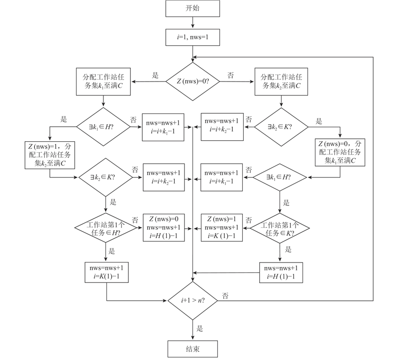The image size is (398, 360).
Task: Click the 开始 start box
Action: pos(193,8)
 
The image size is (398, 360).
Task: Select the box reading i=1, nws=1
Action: pos(193,36)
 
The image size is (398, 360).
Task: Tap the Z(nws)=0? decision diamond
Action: pos(193,80)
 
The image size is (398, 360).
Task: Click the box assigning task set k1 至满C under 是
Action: pos(103,82)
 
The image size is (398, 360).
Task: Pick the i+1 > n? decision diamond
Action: pos(193,300)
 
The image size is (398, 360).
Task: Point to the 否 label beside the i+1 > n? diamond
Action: pos(225,296)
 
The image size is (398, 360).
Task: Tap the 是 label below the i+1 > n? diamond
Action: pos(200,328)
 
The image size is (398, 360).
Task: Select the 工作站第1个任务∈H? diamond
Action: pos(106,228)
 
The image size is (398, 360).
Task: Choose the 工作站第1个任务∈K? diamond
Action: pos(280,228)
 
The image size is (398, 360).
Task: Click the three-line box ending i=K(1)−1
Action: pos(221,227)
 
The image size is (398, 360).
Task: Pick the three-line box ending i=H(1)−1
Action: pos(164,227)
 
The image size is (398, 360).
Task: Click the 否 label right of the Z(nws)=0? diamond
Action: pos(230,76)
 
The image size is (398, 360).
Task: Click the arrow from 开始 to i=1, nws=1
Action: pos(193,22)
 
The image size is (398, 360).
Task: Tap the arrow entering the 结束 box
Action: pos(193,329)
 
